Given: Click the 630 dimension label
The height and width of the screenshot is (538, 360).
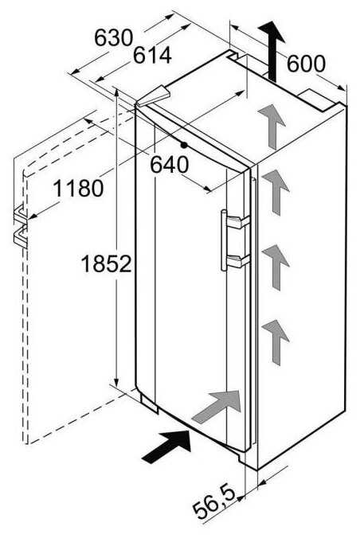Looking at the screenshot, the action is coord(113,37).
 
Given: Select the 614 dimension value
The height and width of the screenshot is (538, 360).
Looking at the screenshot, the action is coord(152,55).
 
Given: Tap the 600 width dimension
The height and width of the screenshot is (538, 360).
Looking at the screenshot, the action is coord(306,64).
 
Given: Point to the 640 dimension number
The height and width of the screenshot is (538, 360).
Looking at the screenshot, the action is coord(170,165).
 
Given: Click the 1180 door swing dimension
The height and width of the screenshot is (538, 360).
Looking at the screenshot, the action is coord(78,188).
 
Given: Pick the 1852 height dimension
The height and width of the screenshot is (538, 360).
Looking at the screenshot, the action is coord(106,264).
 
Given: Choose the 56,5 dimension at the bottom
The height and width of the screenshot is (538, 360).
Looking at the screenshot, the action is coord(213,502).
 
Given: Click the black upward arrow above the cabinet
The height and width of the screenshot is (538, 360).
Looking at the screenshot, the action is coord(272,52).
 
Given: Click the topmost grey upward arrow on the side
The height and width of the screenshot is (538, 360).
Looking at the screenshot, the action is coord(272,127).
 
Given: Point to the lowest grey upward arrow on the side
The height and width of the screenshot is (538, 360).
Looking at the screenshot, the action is coord(276,342).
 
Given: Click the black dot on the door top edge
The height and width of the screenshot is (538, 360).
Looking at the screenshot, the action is coord(184,145).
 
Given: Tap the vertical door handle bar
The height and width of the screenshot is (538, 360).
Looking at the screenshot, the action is coord(224,240).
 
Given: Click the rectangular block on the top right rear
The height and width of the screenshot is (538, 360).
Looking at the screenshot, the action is coord(319,100).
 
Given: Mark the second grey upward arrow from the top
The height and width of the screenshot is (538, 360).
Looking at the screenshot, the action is coord(276,192).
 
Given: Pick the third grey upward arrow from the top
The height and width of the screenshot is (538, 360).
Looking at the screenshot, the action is coord(276,267).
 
